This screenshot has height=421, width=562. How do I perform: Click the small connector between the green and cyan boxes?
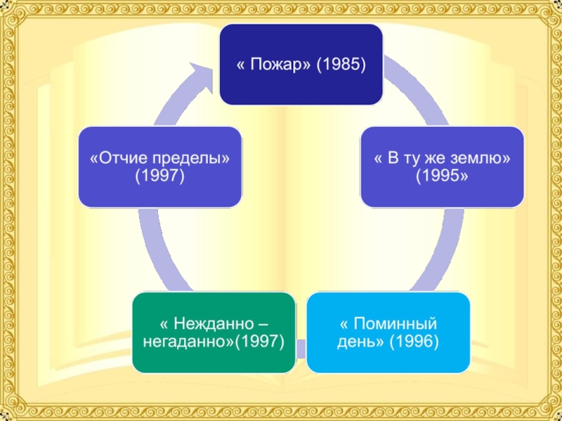pos(301,347)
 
